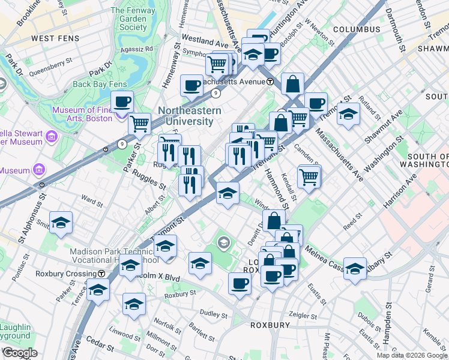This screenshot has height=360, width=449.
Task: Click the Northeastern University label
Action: (x=190, y=116)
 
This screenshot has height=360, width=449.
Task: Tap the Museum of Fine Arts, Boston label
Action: (x=82, y=114)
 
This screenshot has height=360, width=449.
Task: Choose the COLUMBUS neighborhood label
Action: (x=357, y=29)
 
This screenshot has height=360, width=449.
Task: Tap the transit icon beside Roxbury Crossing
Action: (x=101, y=274)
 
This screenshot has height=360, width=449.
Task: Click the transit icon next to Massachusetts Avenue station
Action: (x=270, y=81)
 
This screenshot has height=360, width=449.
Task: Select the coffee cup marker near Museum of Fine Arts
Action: (x=122, y=102)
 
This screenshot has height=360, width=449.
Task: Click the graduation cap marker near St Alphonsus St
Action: (x=61, y=223)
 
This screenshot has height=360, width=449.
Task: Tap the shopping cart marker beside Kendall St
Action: (x=309, y=176)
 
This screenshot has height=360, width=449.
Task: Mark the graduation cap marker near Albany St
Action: (x=355, y=268)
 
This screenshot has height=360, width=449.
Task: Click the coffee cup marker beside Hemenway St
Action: (x=192, y=86)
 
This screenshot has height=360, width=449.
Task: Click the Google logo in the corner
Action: (x=20, y=352)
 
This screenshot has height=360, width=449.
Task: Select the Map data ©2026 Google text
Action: (x=411, y=355)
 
